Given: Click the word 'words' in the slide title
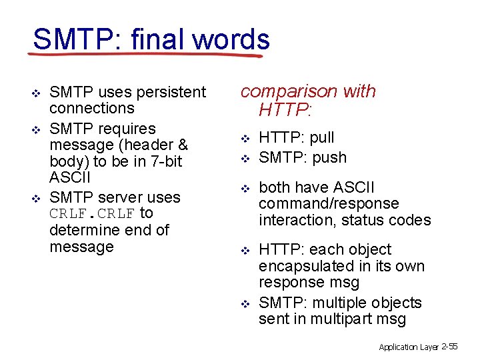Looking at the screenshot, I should pyautogui.click(x=231, y=39).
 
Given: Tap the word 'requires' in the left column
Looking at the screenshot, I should pyautogui.click(x=126, y=129).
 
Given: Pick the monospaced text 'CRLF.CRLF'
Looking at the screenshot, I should pyautogui.click(x=92, y=214).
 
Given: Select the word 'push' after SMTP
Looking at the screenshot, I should pyautogui.click(x=329, y=158).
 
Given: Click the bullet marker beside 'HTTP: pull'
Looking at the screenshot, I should pyautogui.click(x=245, y=139).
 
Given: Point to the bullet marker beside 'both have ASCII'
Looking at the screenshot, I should pyautogui.click(x=245, y=188).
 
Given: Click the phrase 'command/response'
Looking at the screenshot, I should pyautogui.click(x=328, y=203).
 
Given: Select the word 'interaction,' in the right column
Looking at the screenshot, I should pyautogui.click(x=300, y=220).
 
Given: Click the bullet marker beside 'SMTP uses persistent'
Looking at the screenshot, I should pyautogui.click(x=37, y=93).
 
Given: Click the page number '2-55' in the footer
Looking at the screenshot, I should pyautogui.click(x=450, y=347).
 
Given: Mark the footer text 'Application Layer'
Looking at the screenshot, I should pyautogui.click(x=408, y=347).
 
